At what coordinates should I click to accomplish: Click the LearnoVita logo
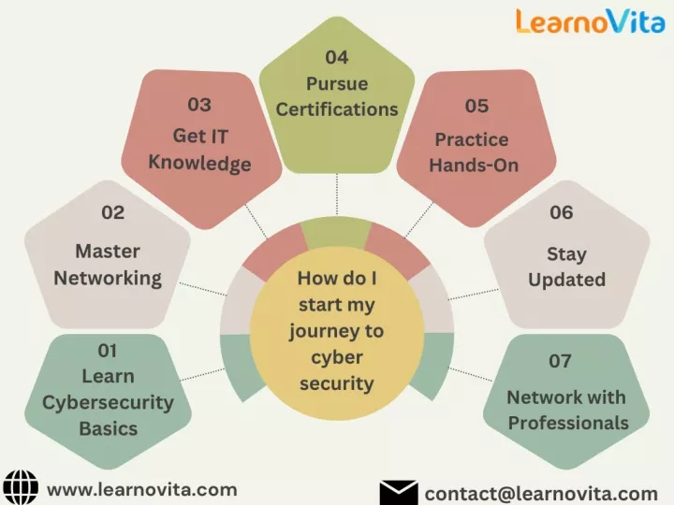(x=590, y=21)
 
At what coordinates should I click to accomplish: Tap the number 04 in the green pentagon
(x=337, y=58)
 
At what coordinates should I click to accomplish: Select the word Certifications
(x=337, y=109)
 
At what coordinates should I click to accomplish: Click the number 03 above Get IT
(x=199, y=105)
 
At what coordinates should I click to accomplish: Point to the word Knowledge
(x=200, y=164)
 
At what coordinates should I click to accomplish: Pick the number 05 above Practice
(x=476, y=106)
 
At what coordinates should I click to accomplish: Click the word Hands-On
(x=474, y=166)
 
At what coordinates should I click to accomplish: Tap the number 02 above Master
(x=113, y=212)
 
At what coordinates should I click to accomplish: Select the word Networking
(x=108, y=279)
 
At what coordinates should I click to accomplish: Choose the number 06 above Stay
(x=562, y=212)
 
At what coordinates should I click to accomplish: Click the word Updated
(x=567, y=281)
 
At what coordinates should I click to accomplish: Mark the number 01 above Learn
(x=108, y=351)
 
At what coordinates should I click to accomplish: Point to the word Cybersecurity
(x=108, y=403)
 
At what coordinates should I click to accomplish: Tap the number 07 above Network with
(x=560, y=361)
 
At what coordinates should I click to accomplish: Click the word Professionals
(x=568, y=423)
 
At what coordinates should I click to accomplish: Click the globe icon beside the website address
(x=21, y=487)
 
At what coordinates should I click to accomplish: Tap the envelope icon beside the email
(x=399, y=493)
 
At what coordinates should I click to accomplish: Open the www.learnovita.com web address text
(x=142, y=490)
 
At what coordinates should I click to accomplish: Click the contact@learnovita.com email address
(x=541, y=495)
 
